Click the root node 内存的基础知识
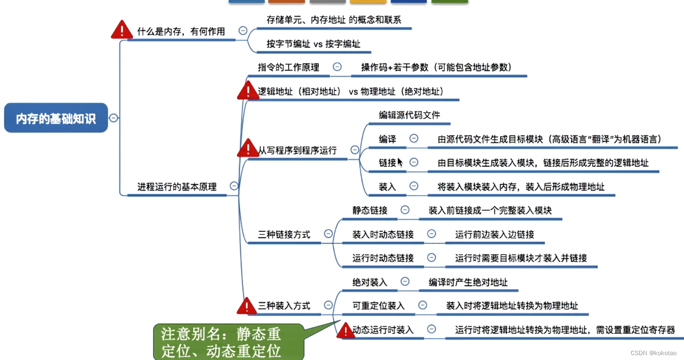click(56, 118)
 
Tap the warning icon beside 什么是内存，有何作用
click(122, 30)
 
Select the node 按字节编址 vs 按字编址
click(313, 44)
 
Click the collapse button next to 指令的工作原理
click(337, 67)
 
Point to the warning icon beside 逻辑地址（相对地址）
click(248, 91)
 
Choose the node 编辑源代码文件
click(409, 115)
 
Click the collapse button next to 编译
click(414, 138)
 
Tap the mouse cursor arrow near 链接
click(399, 162)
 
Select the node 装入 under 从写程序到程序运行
click(387, 186)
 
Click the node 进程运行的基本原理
click(177, 186)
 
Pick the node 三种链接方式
click(284, 235)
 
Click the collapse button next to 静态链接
click(405, 210)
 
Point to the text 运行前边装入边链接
click(494, 235)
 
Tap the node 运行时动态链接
click(383, 258)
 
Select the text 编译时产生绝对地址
click(468, 282)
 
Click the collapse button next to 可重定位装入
click(422, 305)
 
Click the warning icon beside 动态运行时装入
click(346, 331)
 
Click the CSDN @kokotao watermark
click(653, 353)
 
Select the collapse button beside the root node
click(113, 117)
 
